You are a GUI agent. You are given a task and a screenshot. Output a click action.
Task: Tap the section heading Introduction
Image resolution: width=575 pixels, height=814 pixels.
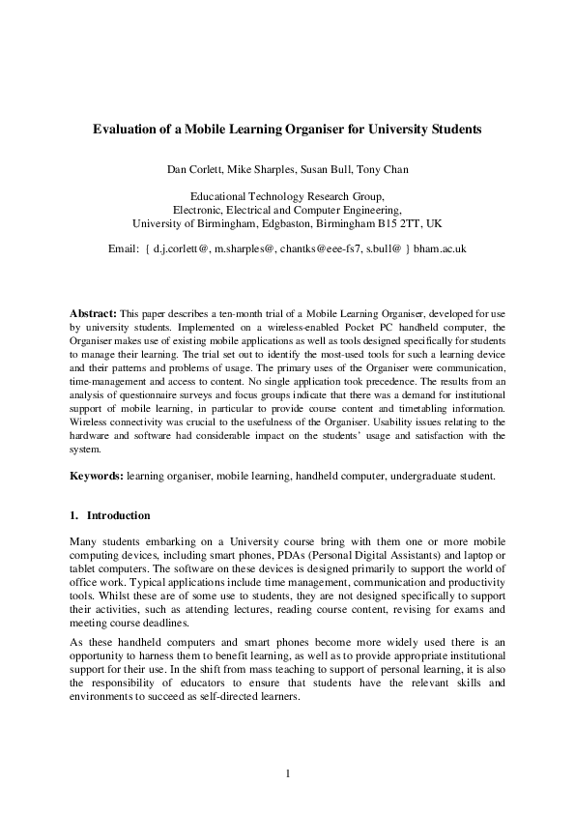pyautogui.click(x=119, y=515)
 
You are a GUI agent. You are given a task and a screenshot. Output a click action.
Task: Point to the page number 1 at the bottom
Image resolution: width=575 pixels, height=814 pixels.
pyautogui.click(x=288, y=773)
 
